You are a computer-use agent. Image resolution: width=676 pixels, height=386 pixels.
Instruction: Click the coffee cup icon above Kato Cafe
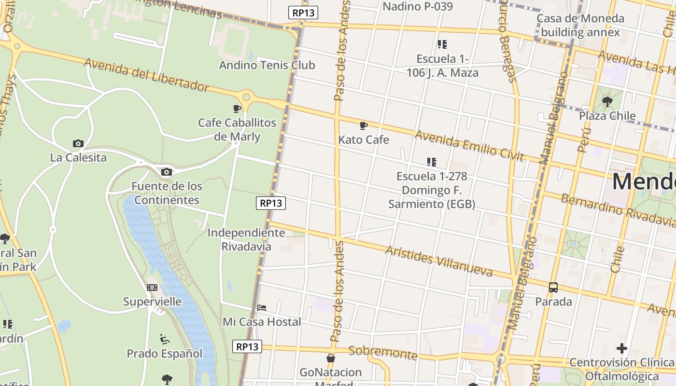(x=364, y=126)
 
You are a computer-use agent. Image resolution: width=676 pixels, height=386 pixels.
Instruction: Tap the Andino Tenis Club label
(x=267, y=65)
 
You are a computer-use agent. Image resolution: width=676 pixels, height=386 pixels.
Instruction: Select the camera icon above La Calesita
(x=78, y=143)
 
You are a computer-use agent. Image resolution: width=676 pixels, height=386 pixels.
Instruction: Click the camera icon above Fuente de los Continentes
(x=167, y=172)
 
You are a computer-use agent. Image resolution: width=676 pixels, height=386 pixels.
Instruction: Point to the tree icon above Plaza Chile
(x=607, y=102)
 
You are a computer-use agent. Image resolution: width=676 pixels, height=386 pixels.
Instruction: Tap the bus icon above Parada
(x=553, y=288)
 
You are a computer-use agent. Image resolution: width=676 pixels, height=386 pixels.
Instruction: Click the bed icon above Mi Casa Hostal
(x=262, y=307)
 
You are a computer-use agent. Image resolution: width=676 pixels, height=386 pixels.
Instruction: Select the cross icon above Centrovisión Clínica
(x=622, y=348)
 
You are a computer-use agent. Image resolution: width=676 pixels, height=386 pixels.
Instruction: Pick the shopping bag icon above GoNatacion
(x=331, y=358)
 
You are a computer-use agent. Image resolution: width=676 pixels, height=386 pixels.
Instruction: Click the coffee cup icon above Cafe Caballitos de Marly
(x=237, y=109)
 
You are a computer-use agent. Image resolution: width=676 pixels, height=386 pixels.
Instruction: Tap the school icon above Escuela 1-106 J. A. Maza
(x=442, y=44)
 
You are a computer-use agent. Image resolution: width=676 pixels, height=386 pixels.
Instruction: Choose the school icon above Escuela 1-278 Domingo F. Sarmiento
(x=432, y=162)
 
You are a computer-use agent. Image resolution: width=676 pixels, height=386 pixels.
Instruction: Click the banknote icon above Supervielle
(x=152, y=288)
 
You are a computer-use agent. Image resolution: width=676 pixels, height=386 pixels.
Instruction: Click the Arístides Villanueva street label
(x=438, y=261)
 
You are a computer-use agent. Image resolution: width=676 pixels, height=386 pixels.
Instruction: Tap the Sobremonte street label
(x=383, y=353)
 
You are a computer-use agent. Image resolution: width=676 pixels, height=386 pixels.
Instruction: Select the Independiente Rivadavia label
(x=246, y=239)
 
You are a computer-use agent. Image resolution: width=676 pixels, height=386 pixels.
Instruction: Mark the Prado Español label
(x=165, y=354)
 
